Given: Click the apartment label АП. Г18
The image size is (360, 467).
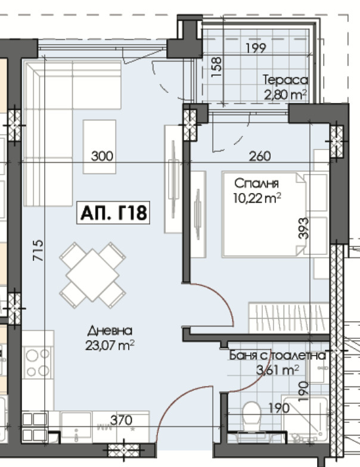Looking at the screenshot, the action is point(113,213).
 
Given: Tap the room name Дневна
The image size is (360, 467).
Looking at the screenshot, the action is point(110,331).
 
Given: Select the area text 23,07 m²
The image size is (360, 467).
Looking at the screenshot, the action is point(110,345).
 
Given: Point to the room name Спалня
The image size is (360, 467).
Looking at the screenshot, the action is point(256,183).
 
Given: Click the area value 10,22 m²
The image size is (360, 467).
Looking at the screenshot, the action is point(257,198).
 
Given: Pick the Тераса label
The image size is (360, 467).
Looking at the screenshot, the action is point(285,80).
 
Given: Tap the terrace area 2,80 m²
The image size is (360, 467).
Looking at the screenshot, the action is point(285,95).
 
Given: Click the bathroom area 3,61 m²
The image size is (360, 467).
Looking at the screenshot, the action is point(278,370).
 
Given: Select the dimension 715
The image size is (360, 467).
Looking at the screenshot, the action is point(38,250).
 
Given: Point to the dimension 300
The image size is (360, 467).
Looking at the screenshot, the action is point(103,156).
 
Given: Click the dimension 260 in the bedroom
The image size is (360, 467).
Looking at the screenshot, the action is point(260,156).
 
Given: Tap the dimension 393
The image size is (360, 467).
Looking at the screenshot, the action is point(303,228).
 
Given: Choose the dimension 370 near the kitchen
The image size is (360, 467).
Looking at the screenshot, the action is point(122,421).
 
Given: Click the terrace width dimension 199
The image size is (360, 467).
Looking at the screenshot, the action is point(256,48).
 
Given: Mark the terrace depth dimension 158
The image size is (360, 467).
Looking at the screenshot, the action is point(217,67).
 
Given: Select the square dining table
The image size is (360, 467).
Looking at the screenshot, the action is point(93,275).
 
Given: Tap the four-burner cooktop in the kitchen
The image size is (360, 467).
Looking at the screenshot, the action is point(38,362).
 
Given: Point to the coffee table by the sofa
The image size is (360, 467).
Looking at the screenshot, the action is point(100,147).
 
